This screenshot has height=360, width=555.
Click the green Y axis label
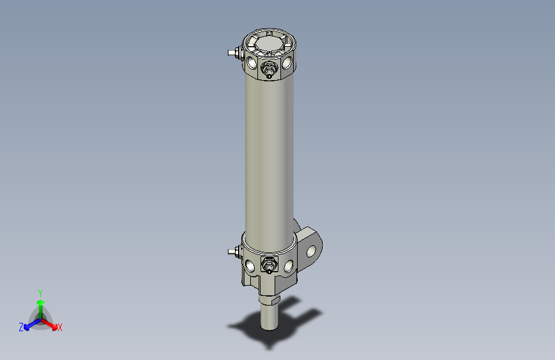point(40,293)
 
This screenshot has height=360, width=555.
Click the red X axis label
point(60,328)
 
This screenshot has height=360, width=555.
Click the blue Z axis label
point(21,327)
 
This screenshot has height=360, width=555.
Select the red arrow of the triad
point(51,323)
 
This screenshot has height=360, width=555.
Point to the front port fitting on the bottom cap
point(269,264)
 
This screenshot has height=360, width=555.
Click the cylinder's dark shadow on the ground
point(250,330)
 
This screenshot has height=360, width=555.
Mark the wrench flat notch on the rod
point(276,299)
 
